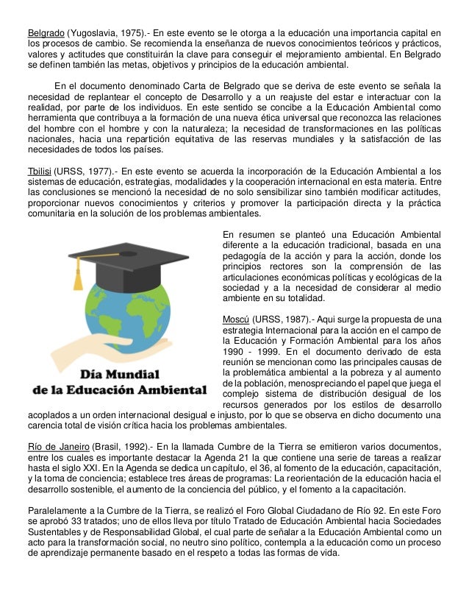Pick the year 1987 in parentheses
click(x=288, y=319)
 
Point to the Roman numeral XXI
click(x=82, y=470)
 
